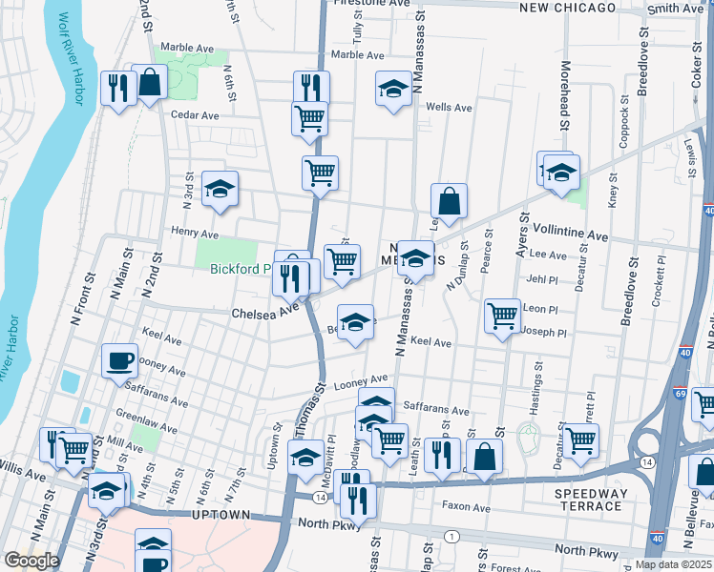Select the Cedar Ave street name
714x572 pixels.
[x=195, y=115]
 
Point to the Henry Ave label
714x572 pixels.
[x=195, y=234]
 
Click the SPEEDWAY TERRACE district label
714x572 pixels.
[x=592, y=500]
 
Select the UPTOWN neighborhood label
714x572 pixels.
[x=221, y=515]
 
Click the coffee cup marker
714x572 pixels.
[x=119, y=361]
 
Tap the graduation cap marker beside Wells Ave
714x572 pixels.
[x=393, y=90]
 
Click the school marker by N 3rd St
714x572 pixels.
[x=220, y=189]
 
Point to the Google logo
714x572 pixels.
[x=31, y=561]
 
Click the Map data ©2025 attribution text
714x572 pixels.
[x=674, y=564]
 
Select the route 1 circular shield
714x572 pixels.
[x=448, y=538]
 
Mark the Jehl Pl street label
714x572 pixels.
[x=541, y=279]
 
